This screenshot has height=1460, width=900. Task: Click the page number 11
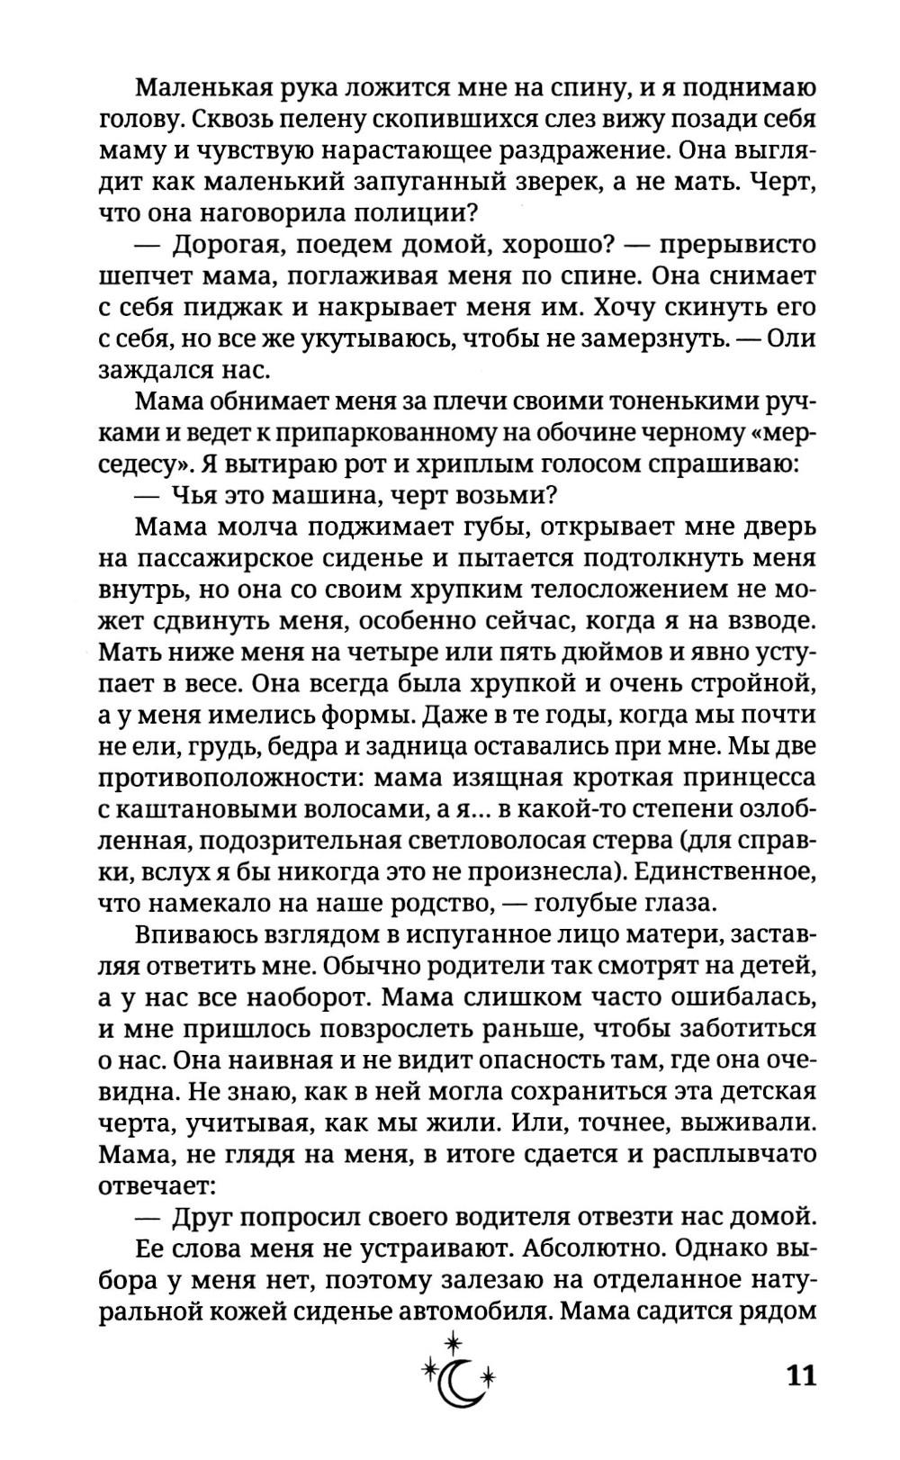tap(801, 1376)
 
